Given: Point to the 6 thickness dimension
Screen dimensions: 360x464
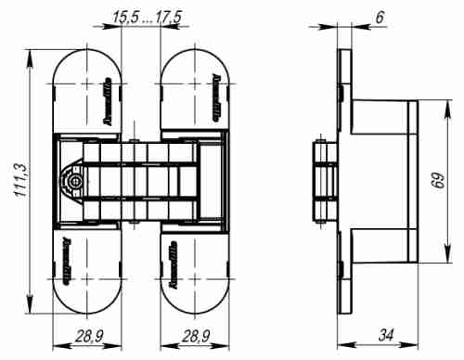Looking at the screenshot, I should (x=380, y=16).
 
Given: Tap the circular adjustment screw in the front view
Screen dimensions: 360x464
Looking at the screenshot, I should (x=73, y=182).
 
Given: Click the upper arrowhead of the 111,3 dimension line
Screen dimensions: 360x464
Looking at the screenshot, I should (x=32, y=51).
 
